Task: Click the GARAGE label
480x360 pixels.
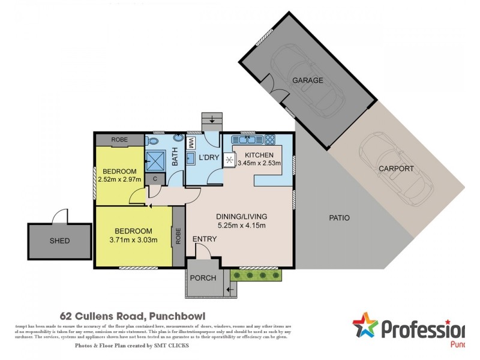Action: click(307, 80)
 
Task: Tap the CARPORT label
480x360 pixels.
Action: click(395, 169)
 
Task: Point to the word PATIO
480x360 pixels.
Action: click(339, 218)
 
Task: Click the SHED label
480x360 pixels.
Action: click(59, 241)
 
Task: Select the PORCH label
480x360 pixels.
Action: click(202, 278)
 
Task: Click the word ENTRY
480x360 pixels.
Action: click(205, 239)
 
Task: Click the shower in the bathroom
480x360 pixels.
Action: click(156, 159)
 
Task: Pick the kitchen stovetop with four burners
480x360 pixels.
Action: click(269, 142)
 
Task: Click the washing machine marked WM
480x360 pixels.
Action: click(190, 143)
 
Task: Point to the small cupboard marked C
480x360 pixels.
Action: click(155, 178)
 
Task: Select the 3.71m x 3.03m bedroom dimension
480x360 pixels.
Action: click(134, 241)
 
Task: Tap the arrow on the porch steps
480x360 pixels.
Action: click(230, 291)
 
